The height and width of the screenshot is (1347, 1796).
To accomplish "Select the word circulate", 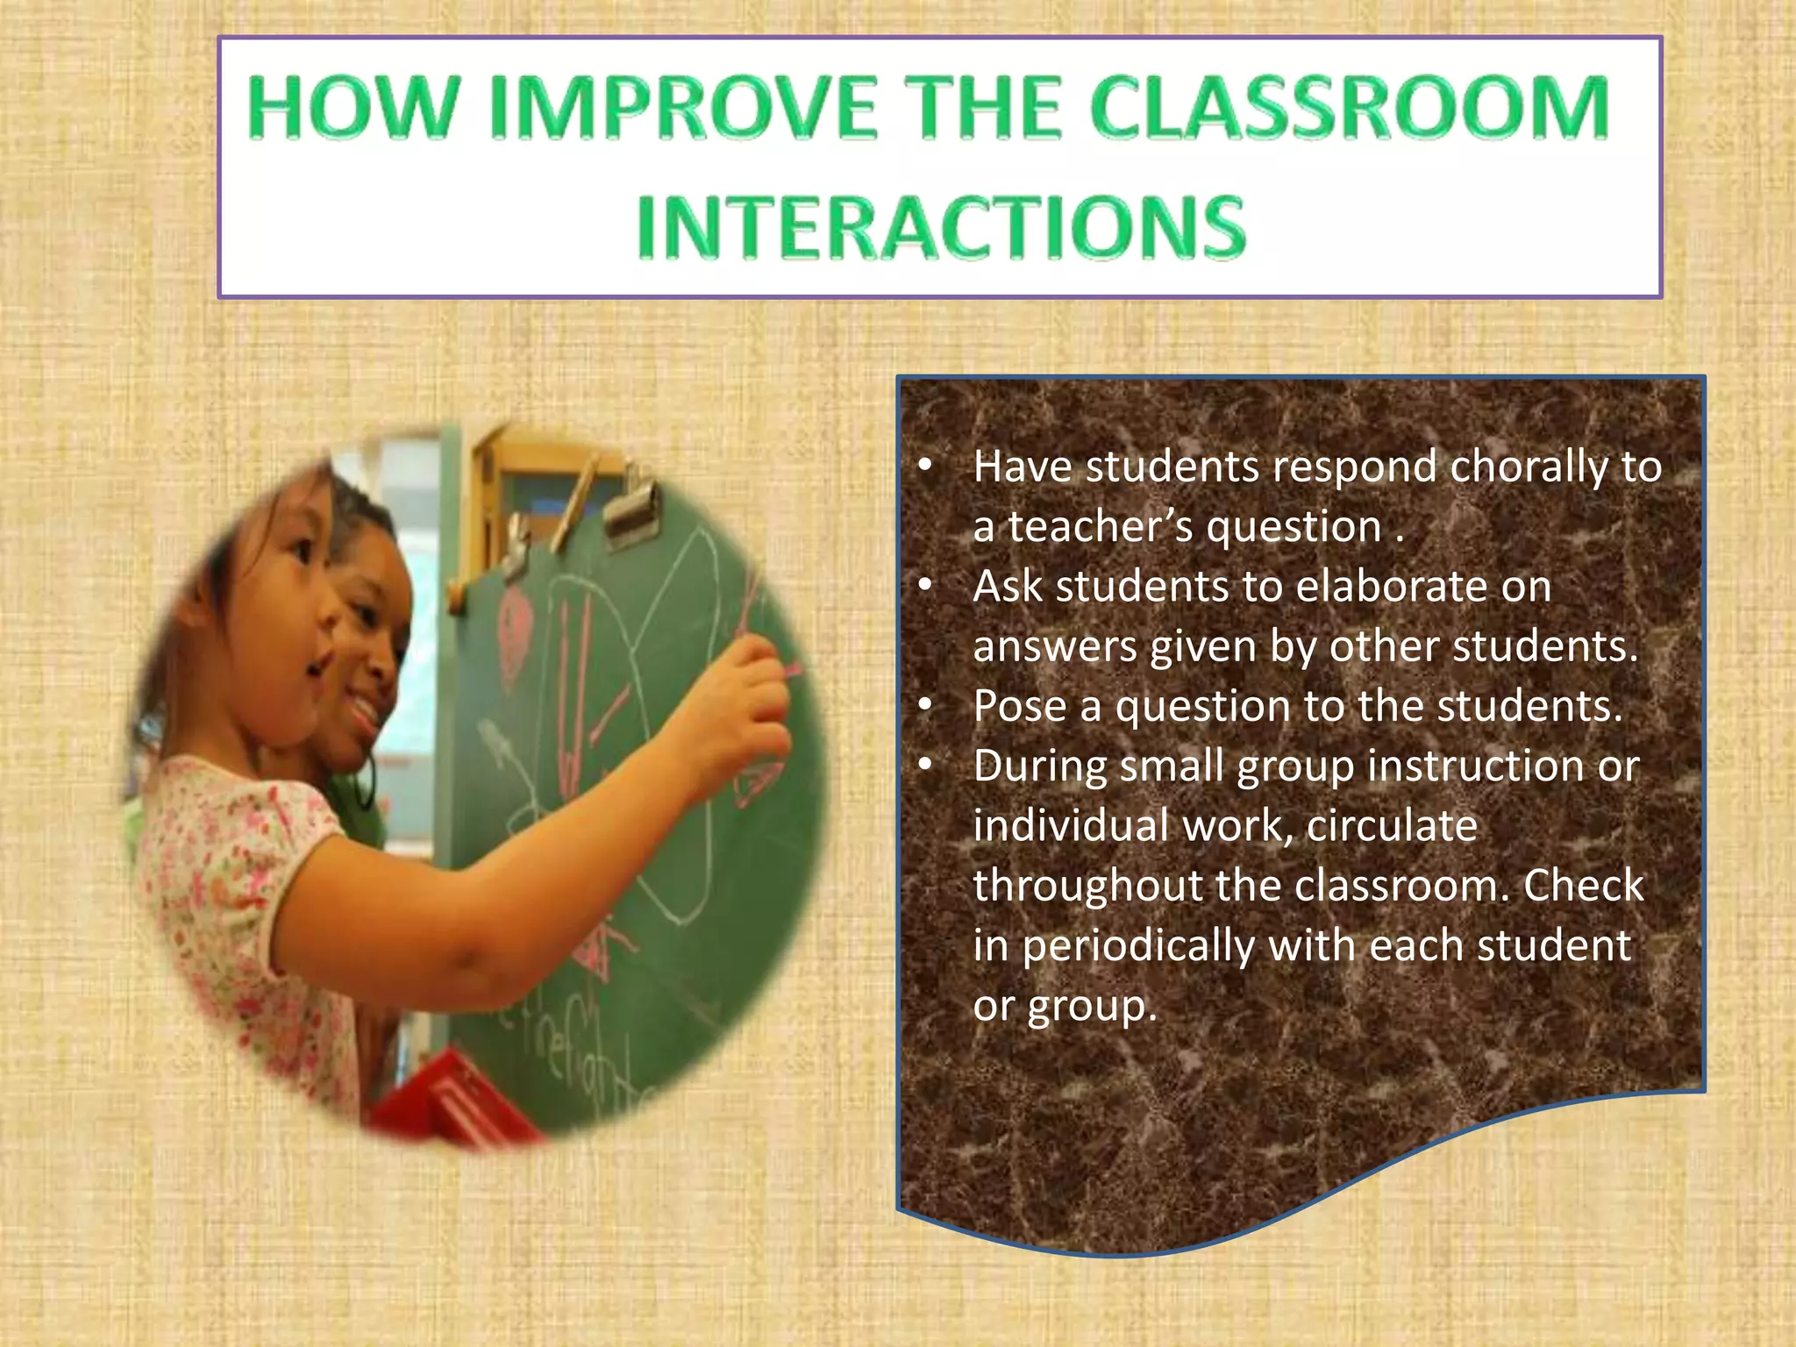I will (1392, 826).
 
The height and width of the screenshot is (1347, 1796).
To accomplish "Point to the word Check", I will (1583, 886).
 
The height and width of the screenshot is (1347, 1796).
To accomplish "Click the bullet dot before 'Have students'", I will (924, 467).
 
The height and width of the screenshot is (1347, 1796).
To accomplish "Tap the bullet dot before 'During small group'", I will (924, 766).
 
